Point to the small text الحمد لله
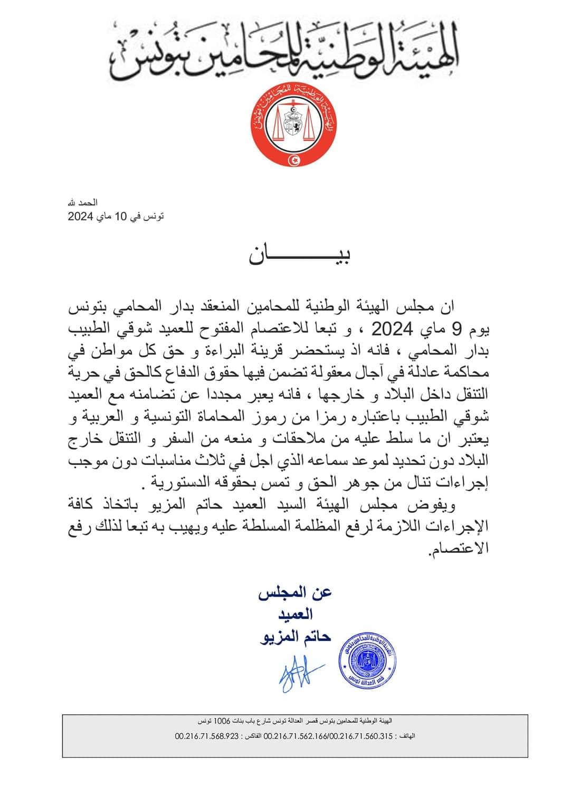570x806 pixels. (84, 203)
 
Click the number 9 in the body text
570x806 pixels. (457, 331)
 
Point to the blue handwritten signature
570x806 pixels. (295, 673)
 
